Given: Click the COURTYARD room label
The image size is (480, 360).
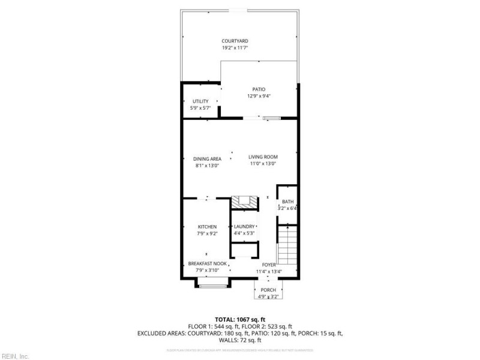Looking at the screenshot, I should coord(235,41).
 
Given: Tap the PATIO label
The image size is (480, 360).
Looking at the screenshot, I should coord(259,89).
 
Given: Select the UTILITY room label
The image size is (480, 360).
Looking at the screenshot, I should coord(200,101).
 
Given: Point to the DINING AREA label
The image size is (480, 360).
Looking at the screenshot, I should coord(208,159).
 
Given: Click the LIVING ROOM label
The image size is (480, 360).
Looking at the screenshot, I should coord(262,157).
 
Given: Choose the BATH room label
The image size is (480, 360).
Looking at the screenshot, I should coord(288,202).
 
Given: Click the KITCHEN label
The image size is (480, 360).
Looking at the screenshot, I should coord(207,227).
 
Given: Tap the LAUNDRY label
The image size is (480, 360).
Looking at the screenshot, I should coord(244,227).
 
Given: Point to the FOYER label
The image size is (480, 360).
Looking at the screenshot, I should coord(268,265).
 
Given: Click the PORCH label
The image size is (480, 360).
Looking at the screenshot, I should coord(268,290).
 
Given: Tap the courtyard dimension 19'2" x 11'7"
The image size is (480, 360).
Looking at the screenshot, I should coord(235,47).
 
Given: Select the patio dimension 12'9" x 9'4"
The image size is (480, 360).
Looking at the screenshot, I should coord(259,96).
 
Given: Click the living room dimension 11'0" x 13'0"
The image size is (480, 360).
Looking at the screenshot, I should coord(262,164).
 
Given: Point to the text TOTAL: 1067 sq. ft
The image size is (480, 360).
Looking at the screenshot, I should coord(240,319).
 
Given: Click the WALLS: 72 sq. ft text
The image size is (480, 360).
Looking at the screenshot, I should coord(240,340).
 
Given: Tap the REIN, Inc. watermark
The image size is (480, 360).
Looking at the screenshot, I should coord(15,356).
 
